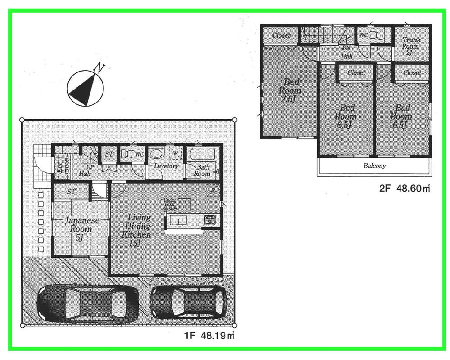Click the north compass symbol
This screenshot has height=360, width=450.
85,88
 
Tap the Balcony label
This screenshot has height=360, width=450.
374,166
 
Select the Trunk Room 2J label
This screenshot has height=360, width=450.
410,46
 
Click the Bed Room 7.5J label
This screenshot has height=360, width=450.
290,90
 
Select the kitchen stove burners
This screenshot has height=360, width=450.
210,220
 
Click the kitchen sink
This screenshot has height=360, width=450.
179,220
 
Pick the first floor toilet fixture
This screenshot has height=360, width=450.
130,154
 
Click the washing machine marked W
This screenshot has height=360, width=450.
175,153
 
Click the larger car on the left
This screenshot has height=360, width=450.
87,304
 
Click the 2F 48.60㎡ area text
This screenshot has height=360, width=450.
404,189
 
